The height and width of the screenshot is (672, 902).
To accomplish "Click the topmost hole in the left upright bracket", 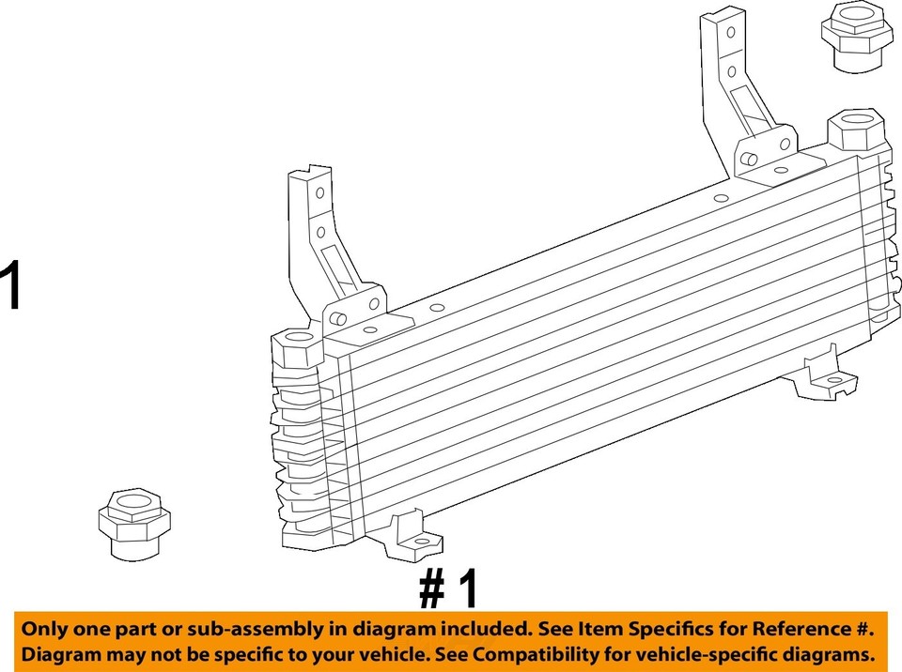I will tap(319, 193).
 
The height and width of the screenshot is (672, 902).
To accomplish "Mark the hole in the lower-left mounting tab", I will tap(420, 542).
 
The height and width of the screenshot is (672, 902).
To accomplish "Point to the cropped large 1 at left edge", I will tap(9, 286).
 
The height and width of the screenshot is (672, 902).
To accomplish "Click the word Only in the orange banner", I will tap(43, 629).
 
